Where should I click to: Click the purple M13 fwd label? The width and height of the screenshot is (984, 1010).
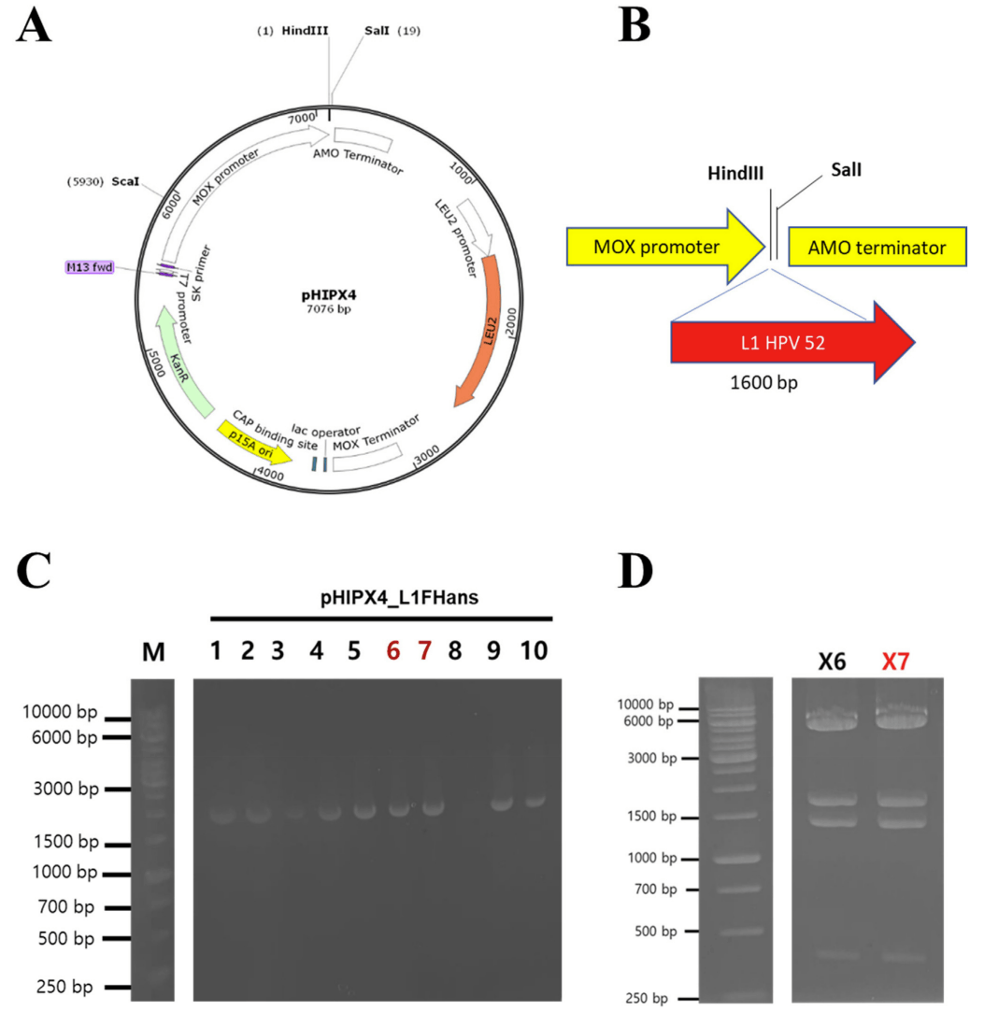tap(90, 267)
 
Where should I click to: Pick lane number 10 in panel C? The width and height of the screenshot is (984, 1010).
tap(534, 651)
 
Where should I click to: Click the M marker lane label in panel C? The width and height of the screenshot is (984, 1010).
tap(152, 654)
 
